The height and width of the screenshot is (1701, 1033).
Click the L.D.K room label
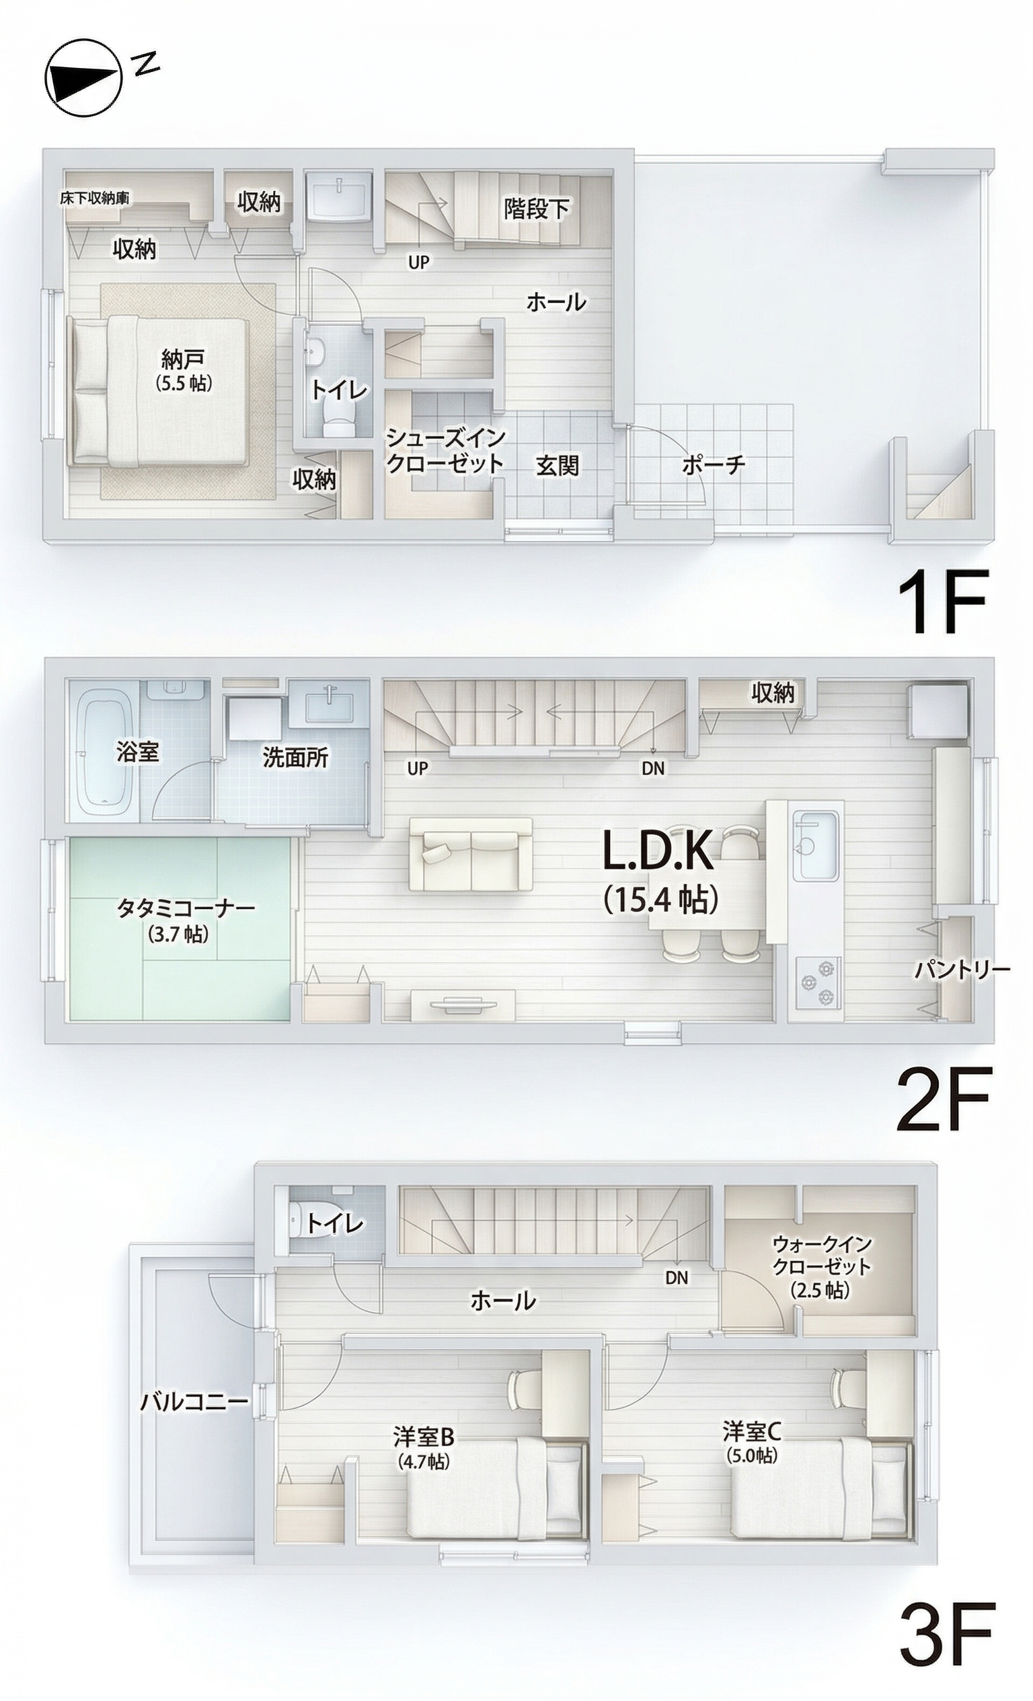point(658,851)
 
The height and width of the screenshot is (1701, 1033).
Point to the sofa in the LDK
point(471,854)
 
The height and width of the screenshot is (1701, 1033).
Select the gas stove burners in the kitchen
point(818,982)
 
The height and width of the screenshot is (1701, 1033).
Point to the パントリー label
point(962,970)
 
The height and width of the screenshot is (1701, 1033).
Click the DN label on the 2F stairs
point(653,768)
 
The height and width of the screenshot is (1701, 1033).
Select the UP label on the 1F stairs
point(419,262)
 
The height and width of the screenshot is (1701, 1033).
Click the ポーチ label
point(714,464)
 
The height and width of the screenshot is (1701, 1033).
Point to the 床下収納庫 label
point(95,198)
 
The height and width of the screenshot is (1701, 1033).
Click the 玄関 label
point(557,466)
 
